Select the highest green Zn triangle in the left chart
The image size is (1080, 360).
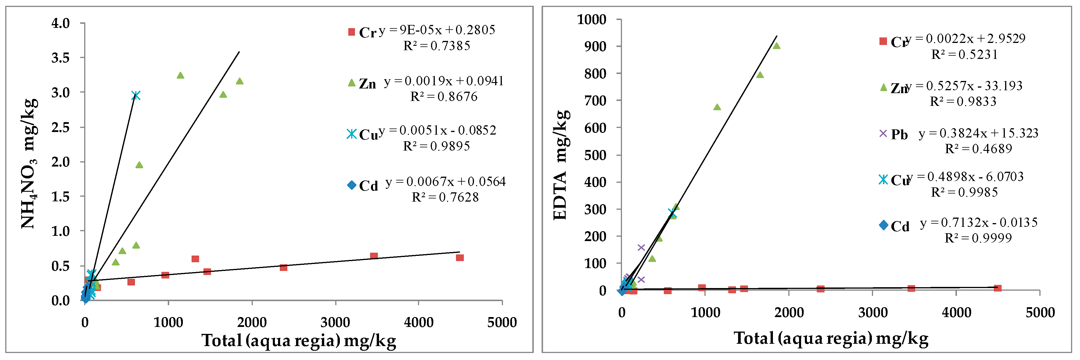click(180, 75)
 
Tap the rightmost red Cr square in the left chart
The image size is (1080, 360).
click(459, 258)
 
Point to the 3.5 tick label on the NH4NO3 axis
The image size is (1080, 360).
click(60, 58)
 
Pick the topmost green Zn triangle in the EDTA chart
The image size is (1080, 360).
click(776, 46)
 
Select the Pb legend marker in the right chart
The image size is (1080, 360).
click(883, 133)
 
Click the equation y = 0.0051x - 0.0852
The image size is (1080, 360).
click(437, 130)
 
